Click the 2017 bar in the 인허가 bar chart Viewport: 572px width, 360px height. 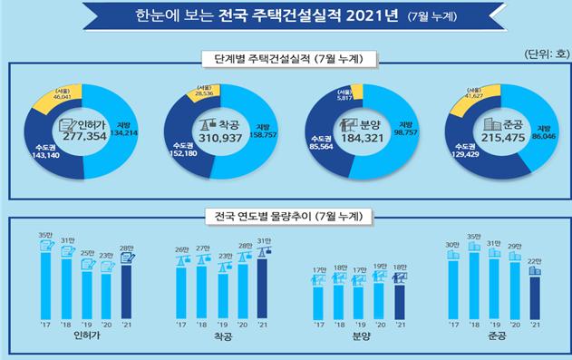point(45,279)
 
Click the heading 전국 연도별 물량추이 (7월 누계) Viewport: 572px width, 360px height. point(286,216)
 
